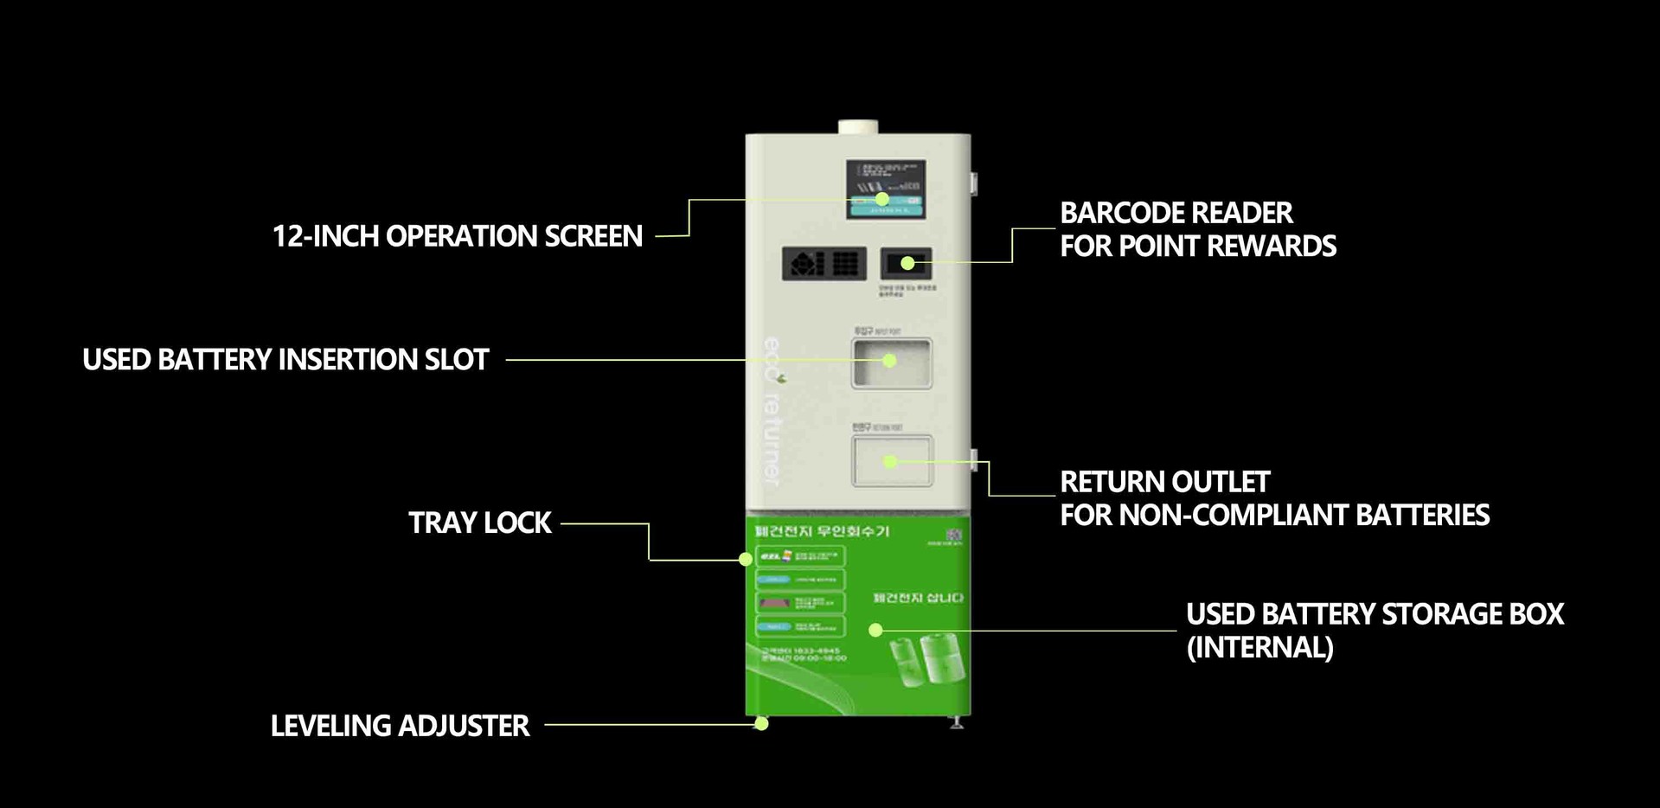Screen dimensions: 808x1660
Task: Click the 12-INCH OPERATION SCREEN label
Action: point(458,236)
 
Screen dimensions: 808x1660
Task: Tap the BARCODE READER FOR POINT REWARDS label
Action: point(1197,229)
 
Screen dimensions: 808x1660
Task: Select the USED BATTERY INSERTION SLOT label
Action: point(285,360)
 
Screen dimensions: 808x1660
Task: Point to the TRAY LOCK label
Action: point(479,523)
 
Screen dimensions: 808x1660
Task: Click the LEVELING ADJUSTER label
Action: point(400,726)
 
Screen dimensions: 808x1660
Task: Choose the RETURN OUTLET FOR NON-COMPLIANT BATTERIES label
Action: point(1274,498)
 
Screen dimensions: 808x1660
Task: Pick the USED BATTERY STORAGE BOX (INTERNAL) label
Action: point(1375,630)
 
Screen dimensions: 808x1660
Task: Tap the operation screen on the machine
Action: point(885,189)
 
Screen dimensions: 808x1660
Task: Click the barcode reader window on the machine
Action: point(907,263)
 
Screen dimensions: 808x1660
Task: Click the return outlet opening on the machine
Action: point(892,461)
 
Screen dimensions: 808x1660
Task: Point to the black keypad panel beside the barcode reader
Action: point(824,264)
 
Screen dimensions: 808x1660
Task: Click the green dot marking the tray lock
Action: point(746,560)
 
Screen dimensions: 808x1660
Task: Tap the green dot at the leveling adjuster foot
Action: point(761,724)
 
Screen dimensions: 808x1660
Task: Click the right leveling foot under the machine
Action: point(957,722)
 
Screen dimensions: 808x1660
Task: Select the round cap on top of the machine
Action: point(857,126)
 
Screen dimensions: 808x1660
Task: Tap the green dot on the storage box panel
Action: point(875,630)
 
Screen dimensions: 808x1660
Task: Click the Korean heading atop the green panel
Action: point(822,530)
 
